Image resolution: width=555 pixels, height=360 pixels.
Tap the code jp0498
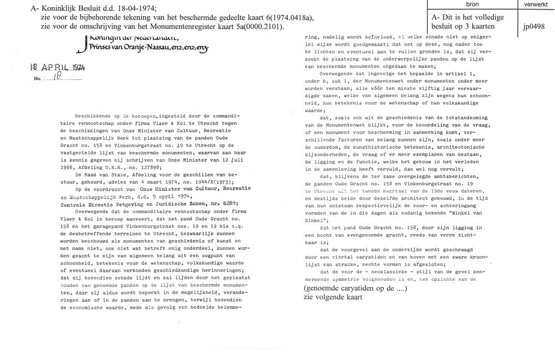(533, 26)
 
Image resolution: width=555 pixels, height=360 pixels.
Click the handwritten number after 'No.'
(56, 79)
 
